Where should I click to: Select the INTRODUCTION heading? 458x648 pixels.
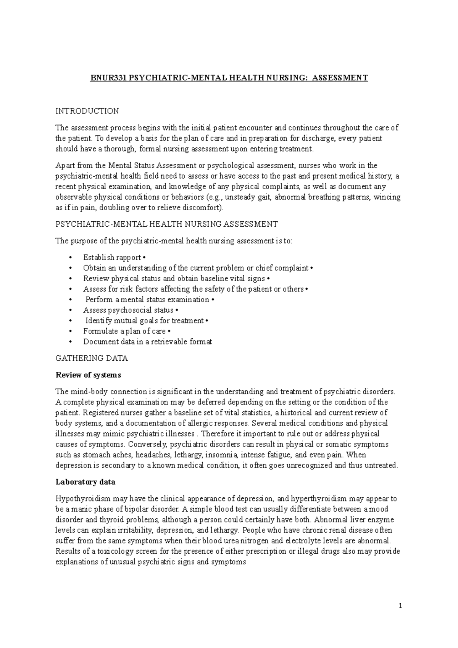click(x=87, y=111)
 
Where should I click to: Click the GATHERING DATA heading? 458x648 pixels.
click(x=92, y=358)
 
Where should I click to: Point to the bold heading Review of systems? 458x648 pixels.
click(x=88, y=375)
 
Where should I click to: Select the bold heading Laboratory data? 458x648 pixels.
click(x=85, y=482)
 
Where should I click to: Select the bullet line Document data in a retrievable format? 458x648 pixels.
click(x=147, y=342)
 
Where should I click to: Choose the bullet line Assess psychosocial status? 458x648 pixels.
click(x=128, y=310)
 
